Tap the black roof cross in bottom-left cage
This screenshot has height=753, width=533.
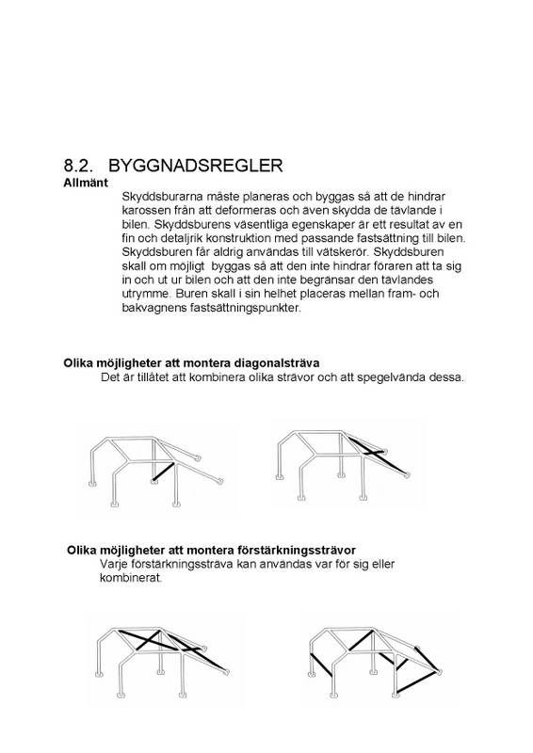click(x=179, y=647)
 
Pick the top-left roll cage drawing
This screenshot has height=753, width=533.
click(x=155, y=465)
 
